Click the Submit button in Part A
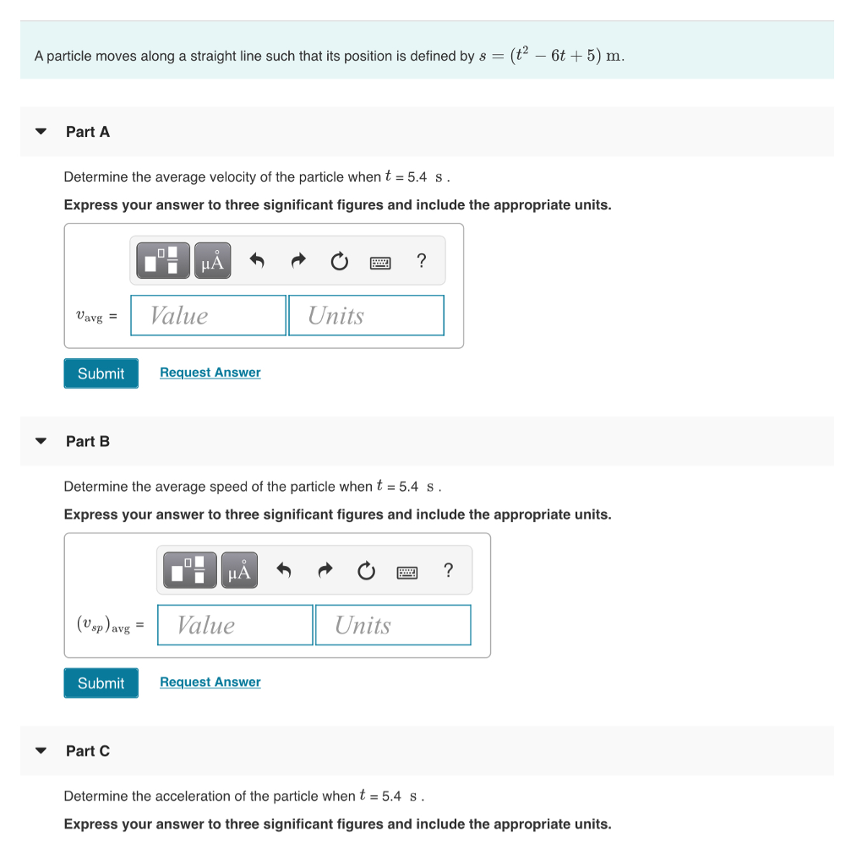point(101,373)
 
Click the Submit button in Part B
point(101,683)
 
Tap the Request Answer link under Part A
point(210,373)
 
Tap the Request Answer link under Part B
point(210,683)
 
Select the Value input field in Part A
point(208,315)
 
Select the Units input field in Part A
point(366,315)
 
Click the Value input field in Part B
point(235,625)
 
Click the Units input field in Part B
point(393,625)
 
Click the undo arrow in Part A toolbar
point(258,262)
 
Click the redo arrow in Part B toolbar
point(325,572)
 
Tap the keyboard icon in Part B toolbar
point(407,573)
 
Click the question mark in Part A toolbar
point(422,261)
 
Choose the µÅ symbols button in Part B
point(240,572)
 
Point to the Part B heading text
point(88,441)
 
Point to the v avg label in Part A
point(90,316)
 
